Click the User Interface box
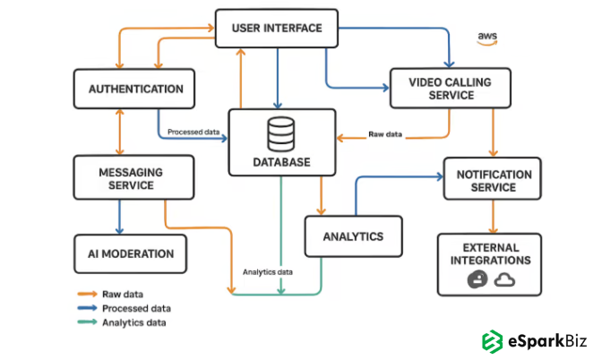[276, 29]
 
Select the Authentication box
[136, 90]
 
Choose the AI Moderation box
[131, 253]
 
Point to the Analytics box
[354, 237]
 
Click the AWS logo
[487, 38]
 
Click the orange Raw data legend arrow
[86, 294]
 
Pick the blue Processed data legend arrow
[86, 308]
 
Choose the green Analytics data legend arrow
[86, 322]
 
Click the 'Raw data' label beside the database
[386, 135]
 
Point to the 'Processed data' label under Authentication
[194, 132]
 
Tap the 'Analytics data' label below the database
[268, 272]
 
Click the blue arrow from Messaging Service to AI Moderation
[119, 216]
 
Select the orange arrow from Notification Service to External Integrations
[492, 216]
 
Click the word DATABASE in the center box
[281, 162]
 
